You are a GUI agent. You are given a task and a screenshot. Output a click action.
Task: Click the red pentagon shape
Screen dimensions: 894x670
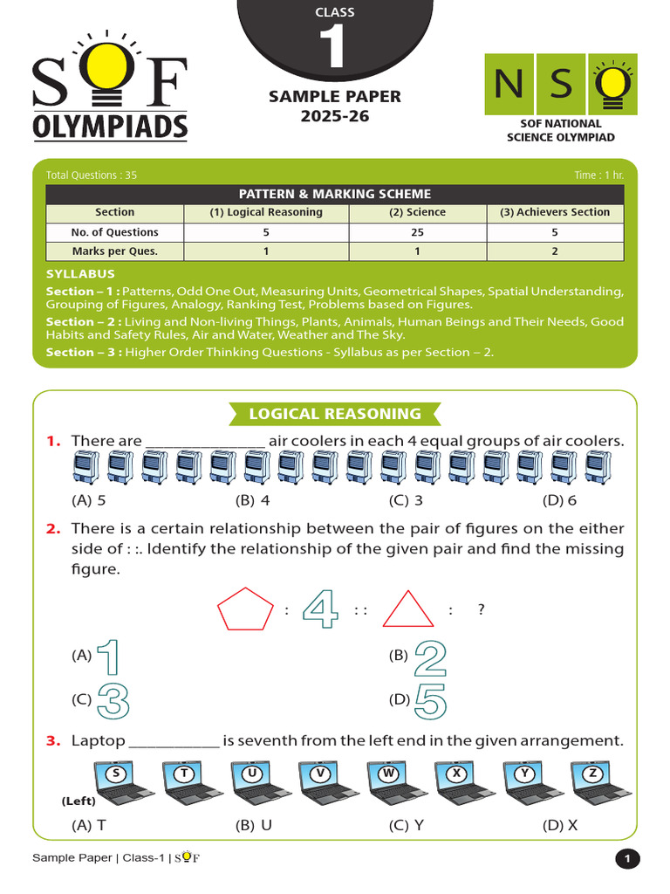click(x=245, y=609)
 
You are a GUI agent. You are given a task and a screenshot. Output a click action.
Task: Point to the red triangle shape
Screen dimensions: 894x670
click(x=408, y=610)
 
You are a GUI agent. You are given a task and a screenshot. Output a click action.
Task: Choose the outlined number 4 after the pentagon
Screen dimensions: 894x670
click(x=319, y=609)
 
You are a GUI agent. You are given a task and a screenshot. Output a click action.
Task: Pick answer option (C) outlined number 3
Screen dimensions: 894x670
click(x=113, y=700)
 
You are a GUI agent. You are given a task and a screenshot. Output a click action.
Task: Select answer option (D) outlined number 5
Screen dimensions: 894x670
click(x=430, y=700)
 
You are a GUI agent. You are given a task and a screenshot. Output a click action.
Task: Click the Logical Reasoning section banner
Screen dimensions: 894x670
click(x=335, y=414)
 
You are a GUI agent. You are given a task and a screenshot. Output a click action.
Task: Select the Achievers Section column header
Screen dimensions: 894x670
click(x=555, y=212)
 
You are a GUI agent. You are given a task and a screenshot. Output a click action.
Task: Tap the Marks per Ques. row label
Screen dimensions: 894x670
click(x=114, y=251)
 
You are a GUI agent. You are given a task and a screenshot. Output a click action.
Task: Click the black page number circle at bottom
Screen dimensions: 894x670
click(x=626, y=859)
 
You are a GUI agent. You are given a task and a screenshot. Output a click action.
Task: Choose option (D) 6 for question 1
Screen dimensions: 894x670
click(x=559, y=500)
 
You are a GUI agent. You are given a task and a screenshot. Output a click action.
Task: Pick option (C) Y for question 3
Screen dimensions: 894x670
click(x=407, y=824)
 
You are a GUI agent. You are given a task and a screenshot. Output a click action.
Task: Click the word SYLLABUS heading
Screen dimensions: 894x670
click(x=80, y=274)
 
